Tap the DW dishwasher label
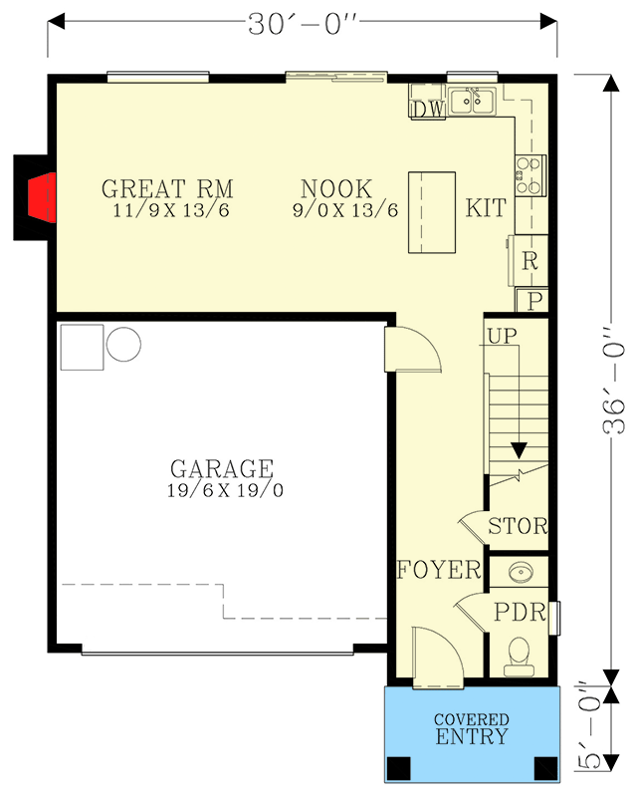427,109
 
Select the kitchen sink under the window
473,101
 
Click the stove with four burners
528,175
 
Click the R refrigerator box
529,261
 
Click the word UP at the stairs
504,337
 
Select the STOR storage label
518,527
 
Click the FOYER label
439,571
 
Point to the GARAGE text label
221,468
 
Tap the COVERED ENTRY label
471,728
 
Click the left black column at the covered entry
399,769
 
